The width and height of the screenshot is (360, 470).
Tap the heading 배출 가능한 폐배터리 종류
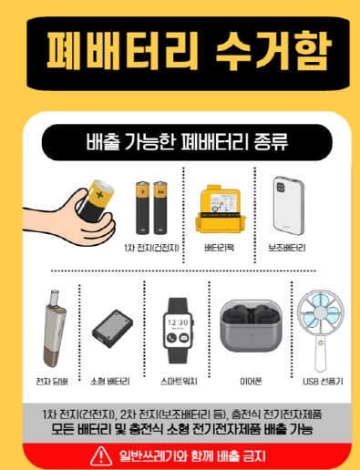187,142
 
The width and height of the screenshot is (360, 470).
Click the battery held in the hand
95,199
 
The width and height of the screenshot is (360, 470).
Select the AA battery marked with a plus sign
142,208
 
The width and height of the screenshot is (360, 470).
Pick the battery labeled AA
160,208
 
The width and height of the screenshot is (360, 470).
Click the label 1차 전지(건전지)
151,248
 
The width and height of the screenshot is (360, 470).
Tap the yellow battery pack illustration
220,209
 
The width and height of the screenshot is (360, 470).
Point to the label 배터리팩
220,248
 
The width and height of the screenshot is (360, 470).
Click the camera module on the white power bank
281,188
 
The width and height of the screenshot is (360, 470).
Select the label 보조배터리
287,248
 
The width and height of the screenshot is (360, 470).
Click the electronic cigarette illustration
55,329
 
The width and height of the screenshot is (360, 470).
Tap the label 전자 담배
52,382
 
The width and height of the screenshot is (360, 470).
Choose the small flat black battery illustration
112,329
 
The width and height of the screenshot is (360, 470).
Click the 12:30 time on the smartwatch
178,322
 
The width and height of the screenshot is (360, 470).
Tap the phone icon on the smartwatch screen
171,338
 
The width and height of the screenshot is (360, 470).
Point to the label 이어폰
251,382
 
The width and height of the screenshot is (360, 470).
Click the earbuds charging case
251,326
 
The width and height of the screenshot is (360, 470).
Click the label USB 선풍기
323,382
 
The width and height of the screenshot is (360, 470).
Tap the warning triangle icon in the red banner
101,456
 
